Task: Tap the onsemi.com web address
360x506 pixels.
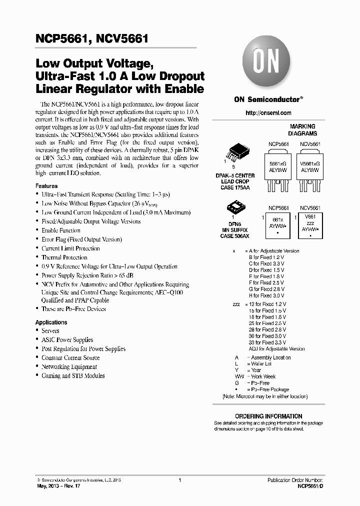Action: (x=268, y=113)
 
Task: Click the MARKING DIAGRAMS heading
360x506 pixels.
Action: (x=302, y=130)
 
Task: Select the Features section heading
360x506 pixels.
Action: (x=46, y=186)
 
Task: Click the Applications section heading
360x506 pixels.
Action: (x=51, y=322)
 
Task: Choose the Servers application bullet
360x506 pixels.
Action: (x=50, y=331)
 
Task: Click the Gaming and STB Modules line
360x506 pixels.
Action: (x=73, y=376)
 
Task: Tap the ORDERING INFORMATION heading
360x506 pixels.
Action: (x=268, y=416)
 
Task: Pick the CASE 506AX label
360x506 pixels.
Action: (x=234, y=236)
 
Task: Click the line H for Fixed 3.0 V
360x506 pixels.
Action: (x=266, y=295)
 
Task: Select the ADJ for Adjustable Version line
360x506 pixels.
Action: (x=276, y=349)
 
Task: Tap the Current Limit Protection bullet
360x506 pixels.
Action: (x=70, y=248)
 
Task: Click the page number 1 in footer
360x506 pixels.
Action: (x=179, y=480)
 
